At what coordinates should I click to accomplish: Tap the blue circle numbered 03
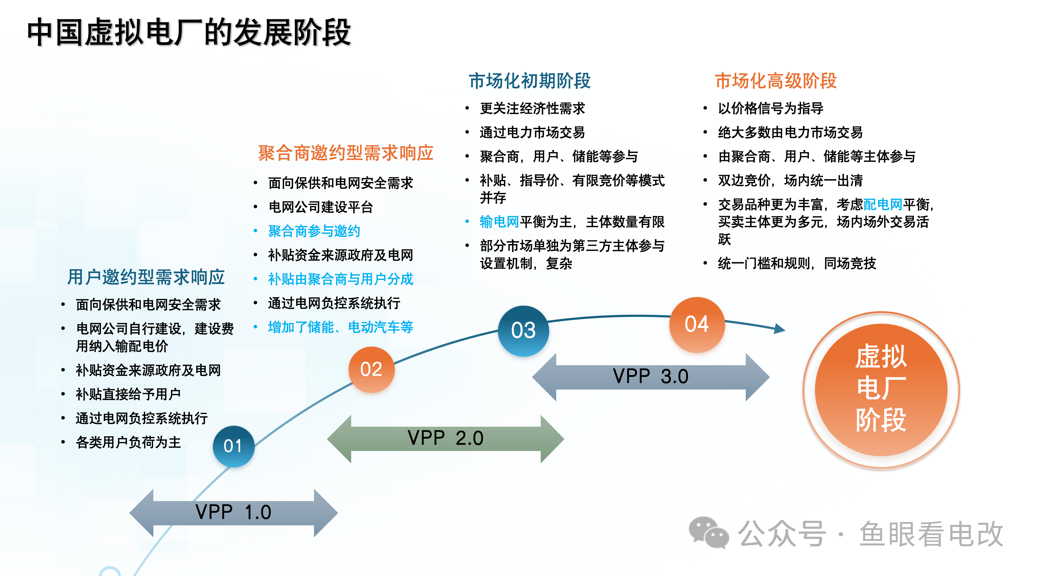coord(523,331)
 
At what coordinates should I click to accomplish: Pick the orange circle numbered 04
coord(697,324)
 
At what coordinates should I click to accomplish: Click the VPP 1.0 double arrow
coord(233,513)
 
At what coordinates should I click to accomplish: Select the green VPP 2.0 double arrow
coord(445,439)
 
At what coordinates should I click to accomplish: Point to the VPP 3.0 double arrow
coord(650,377)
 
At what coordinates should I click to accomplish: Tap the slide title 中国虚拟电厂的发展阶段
coord(189,32)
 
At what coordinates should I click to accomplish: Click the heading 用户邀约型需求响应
coord(146,277)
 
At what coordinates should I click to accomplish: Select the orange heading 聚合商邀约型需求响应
coord(345,153)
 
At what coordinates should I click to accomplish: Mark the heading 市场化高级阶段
coord(776,81)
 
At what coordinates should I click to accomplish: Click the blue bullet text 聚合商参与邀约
coord(314,231)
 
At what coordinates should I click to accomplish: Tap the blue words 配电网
coord(882,205)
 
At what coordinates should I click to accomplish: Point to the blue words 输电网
coord(499,222)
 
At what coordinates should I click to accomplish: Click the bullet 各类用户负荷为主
coord(128,442)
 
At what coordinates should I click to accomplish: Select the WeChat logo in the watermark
coord(709,533)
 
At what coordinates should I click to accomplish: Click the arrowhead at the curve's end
coord(779,329)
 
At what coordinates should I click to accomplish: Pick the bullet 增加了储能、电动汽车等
coord(341,327)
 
